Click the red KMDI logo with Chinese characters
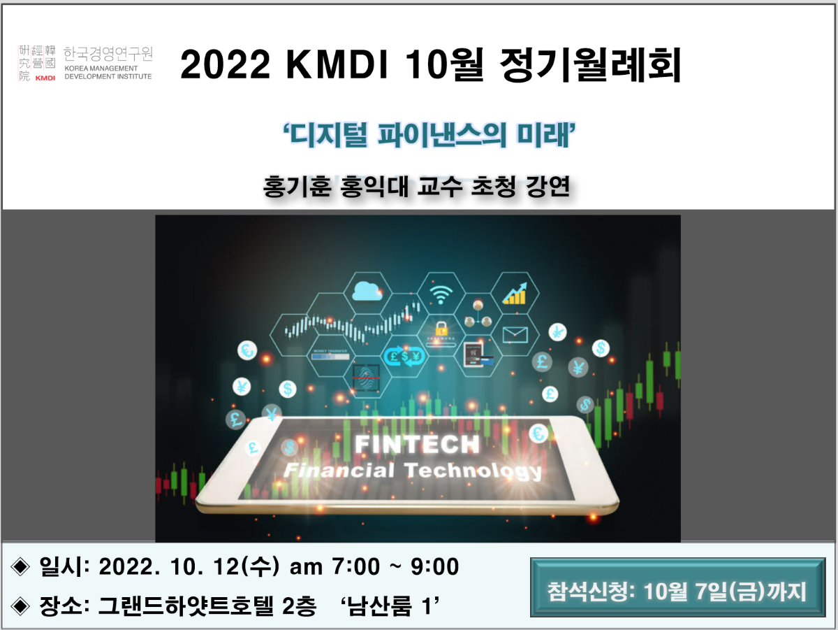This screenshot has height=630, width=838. (x=36, y=63)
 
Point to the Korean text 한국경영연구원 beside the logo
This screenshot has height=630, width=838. (x=108, y=54)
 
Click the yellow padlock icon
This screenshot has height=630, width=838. (x=441, y=327)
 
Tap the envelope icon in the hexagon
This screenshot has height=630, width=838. (x=515, y=334)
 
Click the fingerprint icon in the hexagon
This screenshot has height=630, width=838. (x=367, y=373)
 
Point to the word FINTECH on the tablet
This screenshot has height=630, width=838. (x=417, y=444)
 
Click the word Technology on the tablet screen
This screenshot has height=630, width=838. (x=473, y=470)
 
